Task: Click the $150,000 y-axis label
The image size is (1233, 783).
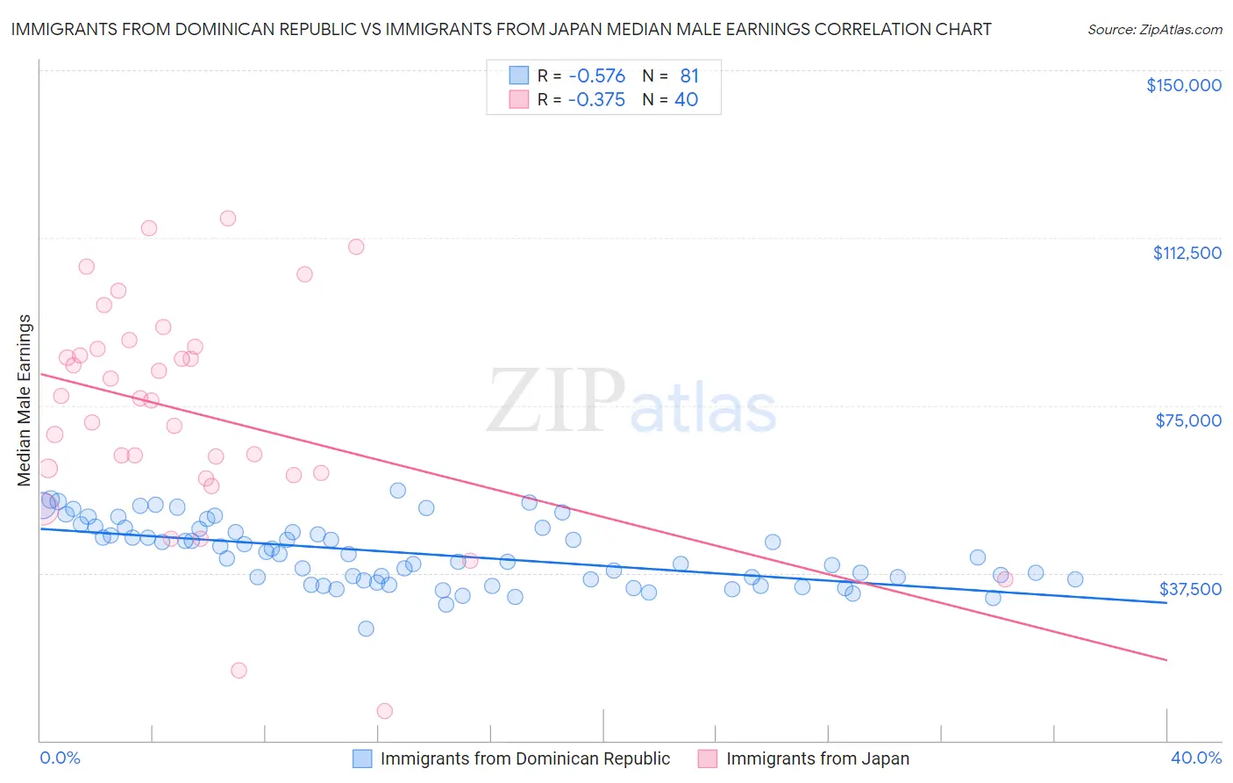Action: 1183,85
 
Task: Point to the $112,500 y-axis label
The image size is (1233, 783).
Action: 1187,253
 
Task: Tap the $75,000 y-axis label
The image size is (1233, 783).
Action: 1188,420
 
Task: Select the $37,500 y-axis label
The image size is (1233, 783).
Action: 1190,589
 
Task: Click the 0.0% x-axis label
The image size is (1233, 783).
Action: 60,758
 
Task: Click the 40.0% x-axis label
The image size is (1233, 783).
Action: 1196,758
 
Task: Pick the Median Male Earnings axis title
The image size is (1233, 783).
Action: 25,399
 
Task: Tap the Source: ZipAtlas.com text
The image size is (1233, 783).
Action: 1154,29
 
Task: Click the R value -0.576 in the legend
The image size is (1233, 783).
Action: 596,76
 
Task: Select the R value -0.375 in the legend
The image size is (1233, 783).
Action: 596,100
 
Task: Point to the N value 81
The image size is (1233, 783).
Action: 689,76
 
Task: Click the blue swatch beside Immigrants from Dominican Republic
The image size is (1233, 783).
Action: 362,758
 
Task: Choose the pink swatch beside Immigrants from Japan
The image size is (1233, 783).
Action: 708,758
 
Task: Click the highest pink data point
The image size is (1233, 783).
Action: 228,218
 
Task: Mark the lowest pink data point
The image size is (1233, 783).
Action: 384,711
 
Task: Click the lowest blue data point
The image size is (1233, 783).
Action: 367,629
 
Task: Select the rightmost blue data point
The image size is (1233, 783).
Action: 1075,579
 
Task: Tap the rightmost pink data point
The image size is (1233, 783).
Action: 1005,578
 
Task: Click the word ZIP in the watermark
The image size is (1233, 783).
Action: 555,401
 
